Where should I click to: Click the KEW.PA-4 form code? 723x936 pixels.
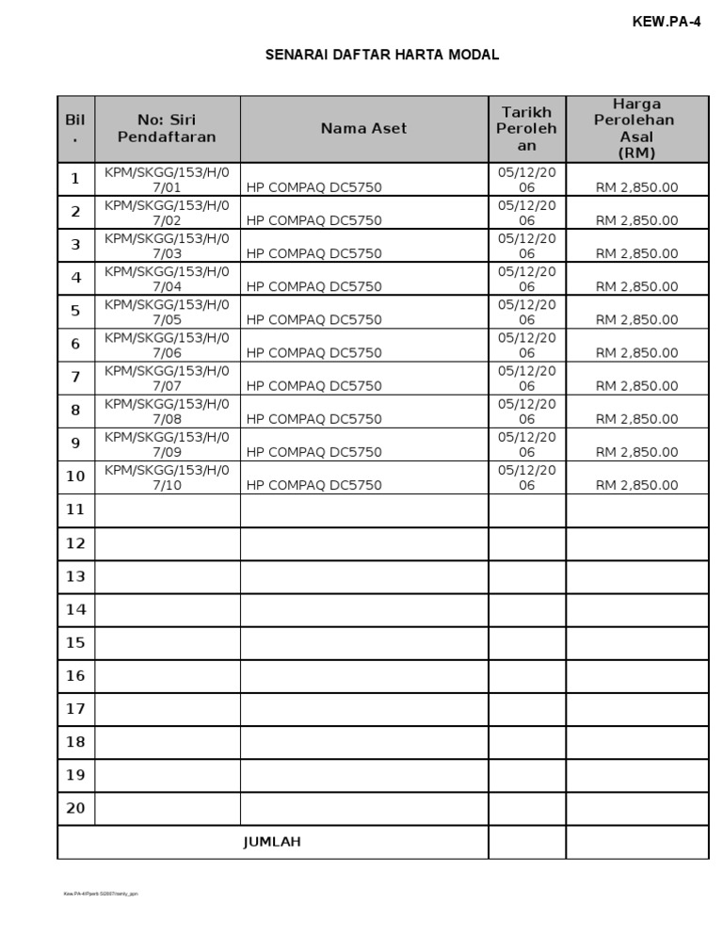click(x=667, y=23)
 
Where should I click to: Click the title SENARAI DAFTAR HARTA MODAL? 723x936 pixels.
click(x=382, y=56)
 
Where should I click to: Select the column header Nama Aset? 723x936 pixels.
click(x=363, y=128)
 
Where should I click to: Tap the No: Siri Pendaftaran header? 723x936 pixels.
click(x=167, y=128)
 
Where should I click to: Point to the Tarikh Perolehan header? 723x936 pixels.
click(x=526, y=129)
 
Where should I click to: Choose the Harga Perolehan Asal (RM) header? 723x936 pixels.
click(x=636, y=128)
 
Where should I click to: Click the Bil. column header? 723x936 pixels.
click(x=75, y=128)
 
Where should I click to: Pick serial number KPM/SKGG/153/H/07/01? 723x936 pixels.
click(x=167, y=178)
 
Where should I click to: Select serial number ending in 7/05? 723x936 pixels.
click(x=167, y=311)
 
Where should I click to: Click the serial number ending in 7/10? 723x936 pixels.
click(x=167, y=476)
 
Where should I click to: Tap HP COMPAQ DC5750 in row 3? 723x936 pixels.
click(x=313, y=253)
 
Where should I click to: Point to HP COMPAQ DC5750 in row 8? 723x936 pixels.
click(x=313, y=419)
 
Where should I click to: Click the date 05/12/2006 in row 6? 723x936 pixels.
click(x=526, y=345)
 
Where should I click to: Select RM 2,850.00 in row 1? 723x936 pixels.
click(x=636, y=187)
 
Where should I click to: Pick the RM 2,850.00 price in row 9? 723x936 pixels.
click(x=636, y=452)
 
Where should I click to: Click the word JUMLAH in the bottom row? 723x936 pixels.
click(x=272, y=842)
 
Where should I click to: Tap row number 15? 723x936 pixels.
click(x=75, y=642)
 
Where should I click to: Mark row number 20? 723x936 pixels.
click(x=75, y=808)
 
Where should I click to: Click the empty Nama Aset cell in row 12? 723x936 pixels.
click(x=363, y=543)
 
